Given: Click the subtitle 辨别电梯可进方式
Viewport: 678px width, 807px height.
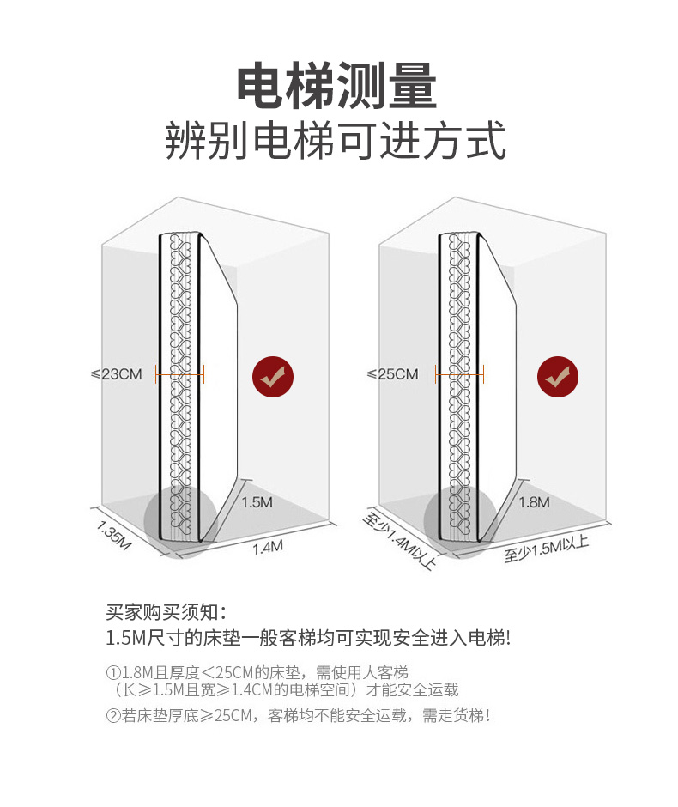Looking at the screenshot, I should [336, 142].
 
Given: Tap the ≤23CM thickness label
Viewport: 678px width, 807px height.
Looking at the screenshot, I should [118, 374].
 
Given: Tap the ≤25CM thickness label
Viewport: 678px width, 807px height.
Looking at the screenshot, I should [392, 374].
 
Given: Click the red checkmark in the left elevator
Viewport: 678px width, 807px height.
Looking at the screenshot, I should [272, 376].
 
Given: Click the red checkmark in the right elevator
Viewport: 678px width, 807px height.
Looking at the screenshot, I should [558, 376].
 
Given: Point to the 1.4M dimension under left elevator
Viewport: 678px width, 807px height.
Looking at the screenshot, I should [268, 548].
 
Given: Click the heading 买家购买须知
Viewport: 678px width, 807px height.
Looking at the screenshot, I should [166, 612].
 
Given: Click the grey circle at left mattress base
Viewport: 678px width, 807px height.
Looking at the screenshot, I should [179, 521].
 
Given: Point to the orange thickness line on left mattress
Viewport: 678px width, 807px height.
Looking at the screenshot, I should [179, 375].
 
